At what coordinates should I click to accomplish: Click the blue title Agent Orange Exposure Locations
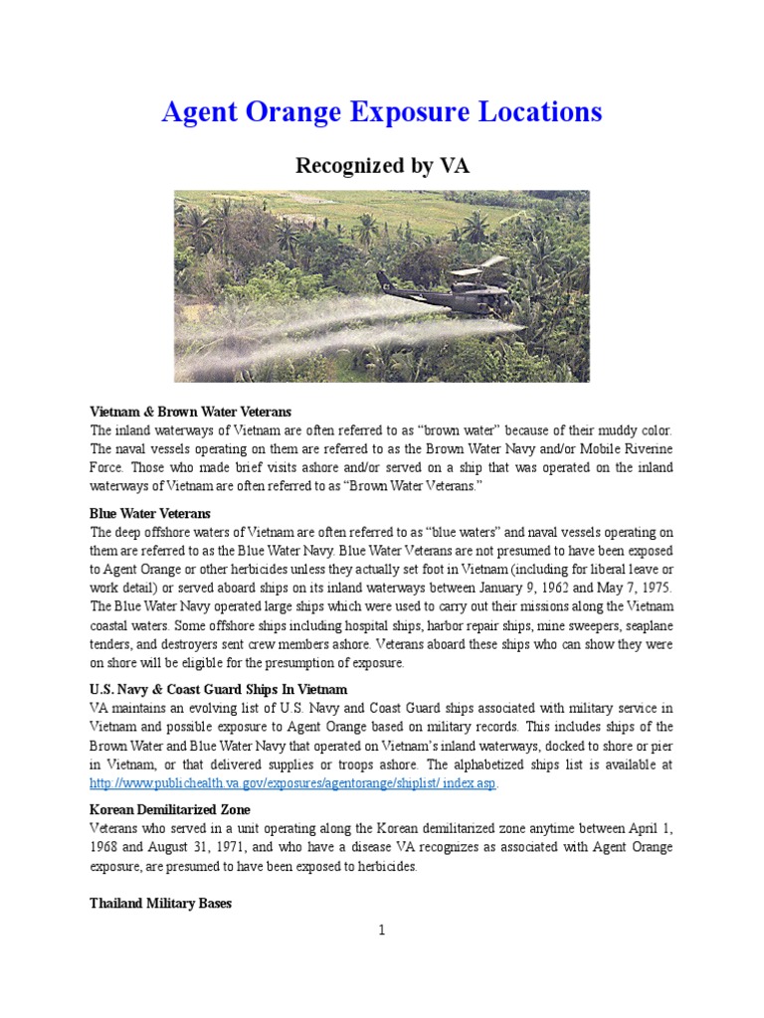pos(381,112)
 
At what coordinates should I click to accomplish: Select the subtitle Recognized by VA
pos(381,166)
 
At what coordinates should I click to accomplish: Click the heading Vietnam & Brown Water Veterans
pos(190,411)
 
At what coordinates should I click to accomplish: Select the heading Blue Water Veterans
pos(150,513)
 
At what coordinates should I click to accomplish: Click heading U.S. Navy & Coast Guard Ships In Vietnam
pos(218,689)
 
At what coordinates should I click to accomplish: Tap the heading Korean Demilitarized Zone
pos(170,809)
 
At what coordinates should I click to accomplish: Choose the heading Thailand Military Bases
pos(160,904)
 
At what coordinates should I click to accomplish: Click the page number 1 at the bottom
pos(381,931)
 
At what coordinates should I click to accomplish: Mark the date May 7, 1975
pos(636,588)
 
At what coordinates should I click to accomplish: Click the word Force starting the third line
pos(107,467)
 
